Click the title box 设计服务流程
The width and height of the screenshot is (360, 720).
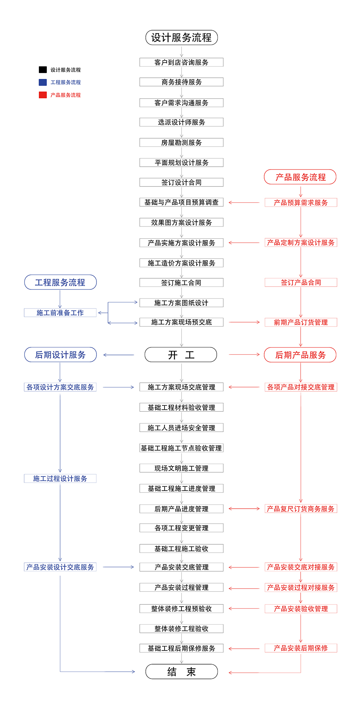(x=181, y=37)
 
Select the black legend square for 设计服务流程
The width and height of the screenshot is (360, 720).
(x=43, y=70)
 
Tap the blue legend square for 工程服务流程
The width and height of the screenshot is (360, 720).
(x=43, y=82)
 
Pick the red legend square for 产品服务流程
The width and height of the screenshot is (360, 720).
(x=43, y=95)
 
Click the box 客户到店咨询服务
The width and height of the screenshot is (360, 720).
(x=181, y=62)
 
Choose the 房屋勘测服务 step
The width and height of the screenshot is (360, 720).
(x=181, y=143)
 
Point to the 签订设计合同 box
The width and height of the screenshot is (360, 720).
(x=181, y=183)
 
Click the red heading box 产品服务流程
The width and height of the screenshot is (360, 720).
(x=300, y=177)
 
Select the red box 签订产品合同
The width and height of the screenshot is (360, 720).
(x=301, y=283)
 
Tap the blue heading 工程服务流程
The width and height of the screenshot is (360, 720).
(x=60, y=282)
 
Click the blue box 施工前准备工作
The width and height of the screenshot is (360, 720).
(x=60, y=313)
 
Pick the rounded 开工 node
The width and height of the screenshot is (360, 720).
(x=181, y=355)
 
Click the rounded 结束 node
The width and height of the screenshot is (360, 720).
(x=181, y=672)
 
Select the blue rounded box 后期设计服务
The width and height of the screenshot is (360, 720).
(x=60, y=355)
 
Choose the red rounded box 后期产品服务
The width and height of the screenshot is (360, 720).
(x=300, y=355)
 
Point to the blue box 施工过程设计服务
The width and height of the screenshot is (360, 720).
(x=60, y=478)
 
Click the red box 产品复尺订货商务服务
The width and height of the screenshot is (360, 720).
(x=301, y=509)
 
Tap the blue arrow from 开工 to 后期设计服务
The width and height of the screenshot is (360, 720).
(x=118, y=355)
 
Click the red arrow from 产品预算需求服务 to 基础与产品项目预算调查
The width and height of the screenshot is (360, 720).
(x=244, y=203)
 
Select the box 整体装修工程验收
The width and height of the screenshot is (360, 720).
(x=181, y=629)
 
